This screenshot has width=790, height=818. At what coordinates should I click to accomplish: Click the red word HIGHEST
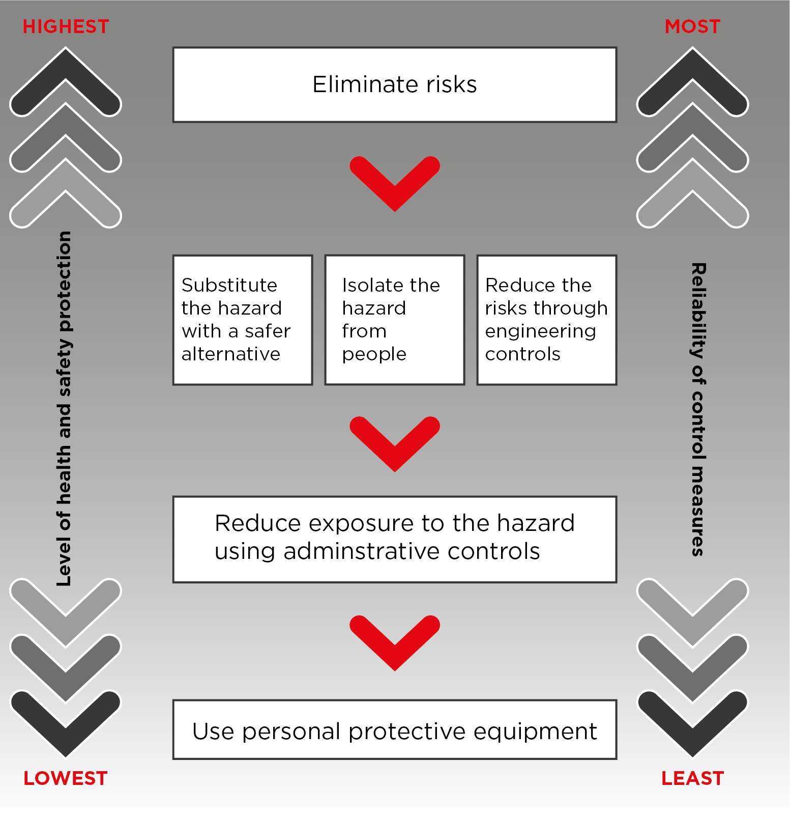coord(66,26)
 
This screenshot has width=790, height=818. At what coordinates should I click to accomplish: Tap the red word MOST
coord(692,26)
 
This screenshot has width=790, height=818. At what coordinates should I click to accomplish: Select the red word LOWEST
coord(66,778)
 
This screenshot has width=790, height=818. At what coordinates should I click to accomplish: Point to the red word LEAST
coord(692,778)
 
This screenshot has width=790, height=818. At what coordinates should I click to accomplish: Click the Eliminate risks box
coord(395,84)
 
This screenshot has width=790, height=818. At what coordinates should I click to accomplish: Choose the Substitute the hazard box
coord(243,320)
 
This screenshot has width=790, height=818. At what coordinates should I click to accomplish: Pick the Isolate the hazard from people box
coord(395,320)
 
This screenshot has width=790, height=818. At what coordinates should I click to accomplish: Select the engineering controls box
coord(547,320)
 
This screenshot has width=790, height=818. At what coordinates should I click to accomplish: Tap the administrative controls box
coord(395,539)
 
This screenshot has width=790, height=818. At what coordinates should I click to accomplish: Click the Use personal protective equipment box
coord(395,729)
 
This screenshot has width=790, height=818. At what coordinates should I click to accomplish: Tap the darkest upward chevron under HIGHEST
coord(66,64)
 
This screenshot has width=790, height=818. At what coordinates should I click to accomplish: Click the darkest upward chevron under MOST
coord(692,64)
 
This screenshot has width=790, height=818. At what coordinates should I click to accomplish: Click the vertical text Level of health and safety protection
coord(65,409)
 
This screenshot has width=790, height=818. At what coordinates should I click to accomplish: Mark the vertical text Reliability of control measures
coord(698,410)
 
